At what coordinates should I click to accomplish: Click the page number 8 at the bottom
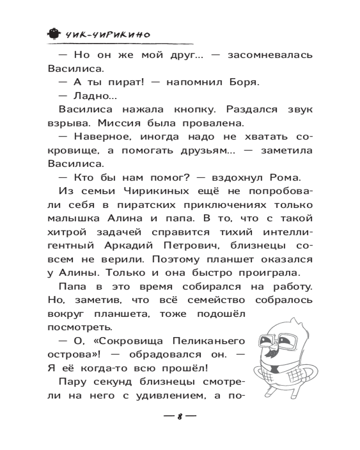pos(180,415)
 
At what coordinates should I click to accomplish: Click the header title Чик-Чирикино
pos(108,34)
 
